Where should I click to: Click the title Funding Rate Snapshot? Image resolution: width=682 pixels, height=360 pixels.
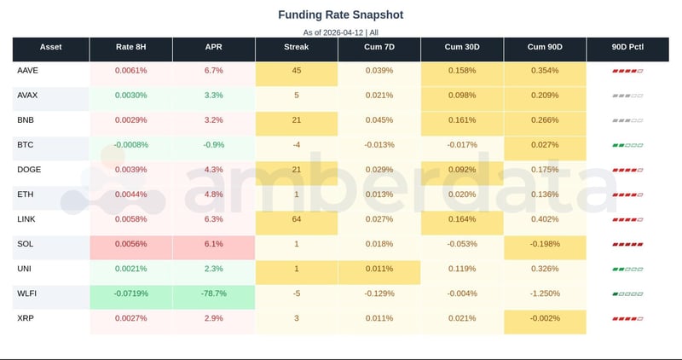(341, 15)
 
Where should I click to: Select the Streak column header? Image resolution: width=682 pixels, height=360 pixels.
(296, 46)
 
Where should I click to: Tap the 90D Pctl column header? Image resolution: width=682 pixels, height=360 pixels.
(627, 46)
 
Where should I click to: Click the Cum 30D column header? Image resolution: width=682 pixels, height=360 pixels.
(461, 46)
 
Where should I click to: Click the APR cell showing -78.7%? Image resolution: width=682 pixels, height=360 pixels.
(213, 293)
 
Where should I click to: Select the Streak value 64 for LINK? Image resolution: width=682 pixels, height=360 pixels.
(296, 219)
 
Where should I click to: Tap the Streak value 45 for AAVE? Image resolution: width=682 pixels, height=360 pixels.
(296, 70)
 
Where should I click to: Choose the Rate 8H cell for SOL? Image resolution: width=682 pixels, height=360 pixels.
(130, 244)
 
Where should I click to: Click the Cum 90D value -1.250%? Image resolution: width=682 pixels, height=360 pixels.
(544, 293)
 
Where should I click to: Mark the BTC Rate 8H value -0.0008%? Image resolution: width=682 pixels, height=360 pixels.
(130, 144)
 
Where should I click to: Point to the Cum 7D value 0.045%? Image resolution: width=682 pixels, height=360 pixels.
(379, 119)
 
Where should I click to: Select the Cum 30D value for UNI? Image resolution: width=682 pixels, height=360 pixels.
(461, 269)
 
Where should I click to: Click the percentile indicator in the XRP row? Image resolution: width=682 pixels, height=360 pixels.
(627, 319)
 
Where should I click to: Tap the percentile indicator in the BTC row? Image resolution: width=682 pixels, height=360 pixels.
(627, 145)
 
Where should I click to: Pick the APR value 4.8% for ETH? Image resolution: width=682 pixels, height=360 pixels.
(213, 195)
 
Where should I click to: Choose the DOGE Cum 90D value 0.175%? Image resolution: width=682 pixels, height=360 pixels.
(544, 170)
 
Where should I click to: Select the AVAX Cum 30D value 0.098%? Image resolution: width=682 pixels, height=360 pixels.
(461, 95)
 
